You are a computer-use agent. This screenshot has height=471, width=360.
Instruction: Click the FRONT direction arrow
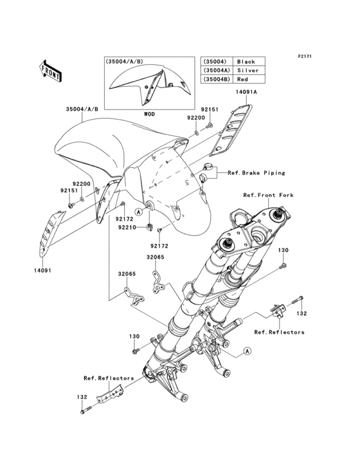pyautogui.click(x=51, y=70)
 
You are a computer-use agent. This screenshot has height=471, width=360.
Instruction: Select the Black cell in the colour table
pyautogui.click(x=246, y=62)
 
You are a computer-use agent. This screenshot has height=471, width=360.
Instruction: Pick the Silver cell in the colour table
pyautogui.click(x=246, y=70)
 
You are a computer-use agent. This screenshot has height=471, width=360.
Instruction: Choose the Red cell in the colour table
pyautogui.click(x=246, y=78)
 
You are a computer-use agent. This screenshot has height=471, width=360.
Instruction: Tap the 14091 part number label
pyautogui.click(x=34, y=271)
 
